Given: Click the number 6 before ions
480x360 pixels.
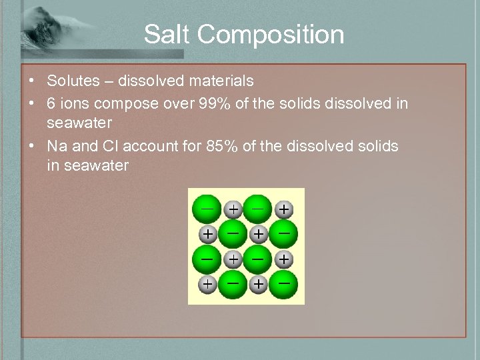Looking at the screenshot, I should click(x=51, y=103).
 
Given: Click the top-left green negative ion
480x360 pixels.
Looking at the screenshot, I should click(x=207, y=208).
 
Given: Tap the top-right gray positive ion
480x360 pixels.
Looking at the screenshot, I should click(x=284, y=209).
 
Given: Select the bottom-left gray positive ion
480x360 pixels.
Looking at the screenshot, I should click(x=208, y=284).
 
